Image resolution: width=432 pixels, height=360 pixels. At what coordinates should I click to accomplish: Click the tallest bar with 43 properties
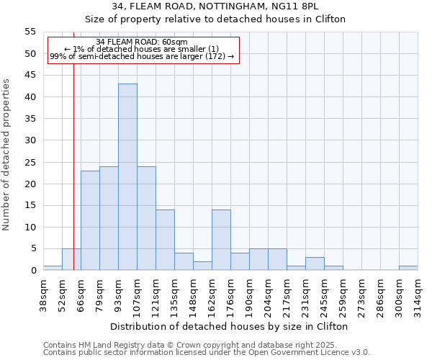pyautogui.click(x=127, y=177)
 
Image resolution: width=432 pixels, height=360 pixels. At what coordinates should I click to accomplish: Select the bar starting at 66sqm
pyautogui.click(x=90, y=220)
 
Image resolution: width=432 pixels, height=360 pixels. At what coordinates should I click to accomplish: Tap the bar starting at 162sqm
pyautogui.click(x=221, y=240)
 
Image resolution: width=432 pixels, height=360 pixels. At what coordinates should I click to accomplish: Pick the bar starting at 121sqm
pyautogui.click(x=165, y=240)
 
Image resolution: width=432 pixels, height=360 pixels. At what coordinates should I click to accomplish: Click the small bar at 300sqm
pyautogui.click(x=408, y=268)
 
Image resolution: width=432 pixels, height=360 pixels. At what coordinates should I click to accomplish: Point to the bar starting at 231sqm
pyautogui.click(x=315, y=264)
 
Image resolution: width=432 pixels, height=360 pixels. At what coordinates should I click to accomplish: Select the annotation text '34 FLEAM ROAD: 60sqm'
pyautogui.click(x=142, y=42)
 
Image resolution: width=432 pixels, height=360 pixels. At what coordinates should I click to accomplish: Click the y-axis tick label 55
pyautogui.click(x=30, y=32)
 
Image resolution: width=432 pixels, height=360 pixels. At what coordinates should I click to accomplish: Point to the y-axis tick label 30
pyautogui.click(x=30, y=140)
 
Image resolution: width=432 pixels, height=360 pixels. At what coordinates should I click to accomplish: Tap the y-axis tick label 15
pyautogui.click(x=30, y=205)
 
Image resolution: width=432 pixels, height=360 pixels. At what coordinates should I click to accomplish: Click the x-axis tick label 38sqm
pyautogui.click(x=43, y=294)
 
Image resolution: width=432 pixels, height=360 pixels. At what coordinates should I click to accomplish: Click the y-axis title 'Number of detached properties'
pyautogui.click(x=6, y=155)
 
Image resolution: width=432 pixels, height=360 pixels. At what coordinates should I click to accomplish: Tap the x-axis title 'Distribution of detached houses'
pyautogui.click(x=230, y=326)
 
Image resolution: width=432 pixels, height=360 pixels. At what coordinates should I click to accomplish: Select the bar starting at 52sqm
pyautogui.click(x=71, y=259)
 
